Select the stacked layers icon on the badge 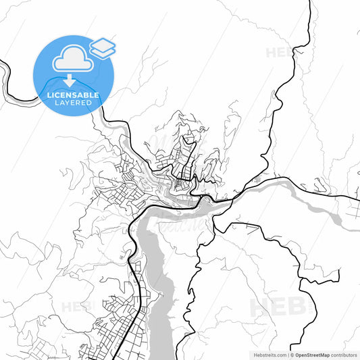point(103,47)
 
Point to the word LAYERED point(73,103)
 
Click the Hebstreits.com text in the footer point(268,354)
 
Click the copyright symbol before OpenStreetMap point(294,354)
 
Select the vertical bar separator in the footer point(288,354)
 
